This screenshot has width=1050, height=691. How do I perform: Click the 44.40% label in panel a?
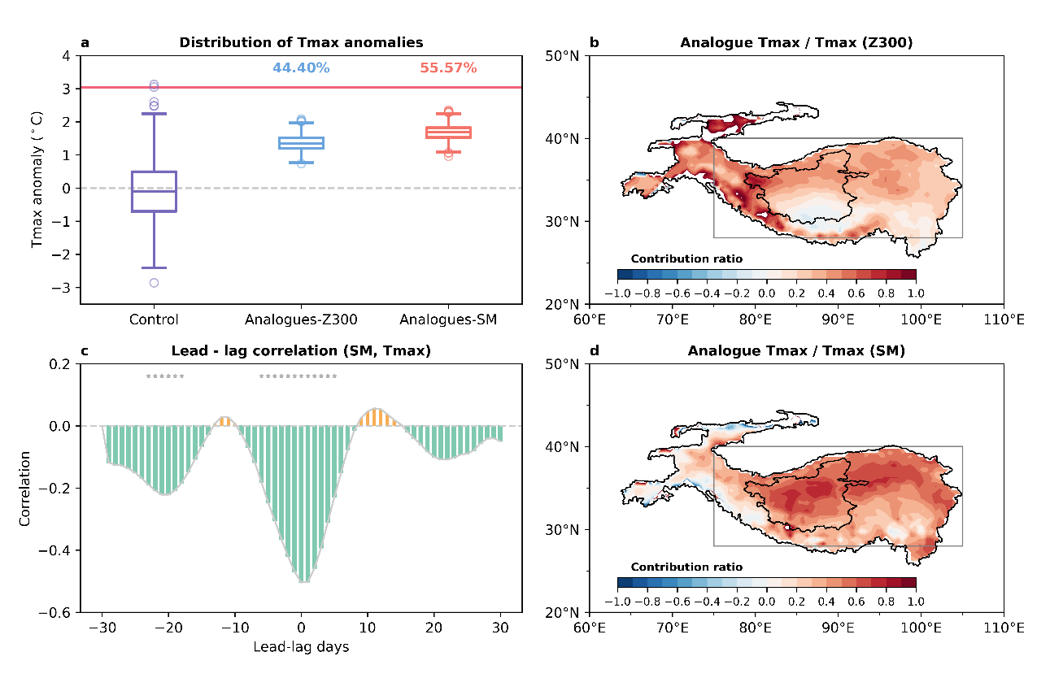point(301,68)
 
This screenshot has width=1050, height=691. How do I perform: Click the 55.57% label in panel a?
point(448,68)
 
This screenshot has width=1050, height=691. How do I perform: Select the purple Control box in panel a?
point(154,191)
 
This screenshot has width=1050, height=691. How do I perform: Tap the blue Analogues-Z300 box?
point(301,143)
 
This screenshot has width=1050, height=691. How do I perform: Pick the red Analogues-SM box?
point(448,133)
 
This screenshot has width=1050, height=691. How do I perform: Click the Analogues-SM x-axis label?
point(448,319)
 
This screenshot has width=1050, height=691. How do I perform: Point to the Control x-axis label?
point(154,319)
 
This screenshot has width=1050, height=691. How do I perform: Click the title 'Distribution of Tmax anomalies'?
point(301,42)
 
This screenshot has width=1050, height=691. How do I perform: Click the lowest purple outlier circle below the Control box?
point(154,283)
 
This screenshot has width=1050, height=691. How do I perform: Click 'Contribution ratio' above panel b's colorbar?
point(686,259)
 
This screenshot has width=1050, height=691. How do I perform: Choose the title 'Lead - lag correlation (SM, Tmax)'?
point(301,351)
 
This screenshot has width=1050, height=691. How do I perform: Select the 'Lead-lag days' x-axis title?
point(301,647)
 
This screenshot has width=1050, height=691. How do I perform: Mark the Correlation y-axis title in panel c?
point(25,488)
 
